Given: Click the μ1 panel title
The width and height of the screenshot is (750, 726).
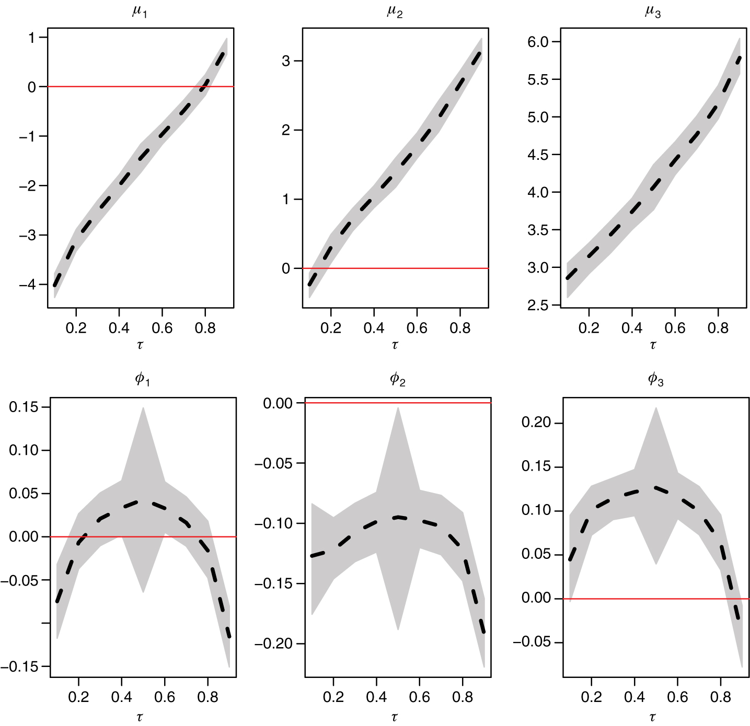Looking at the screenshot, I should [140, 11].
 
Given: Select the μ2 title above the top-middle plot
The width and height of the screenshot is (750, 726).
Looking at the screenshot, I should [395, 11].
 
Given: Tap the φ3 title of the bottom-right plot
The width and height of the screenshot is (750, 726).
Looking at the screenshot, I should [655, 379].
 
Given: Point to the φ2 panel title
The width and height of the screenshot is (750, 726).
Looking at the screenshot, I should [398, 379].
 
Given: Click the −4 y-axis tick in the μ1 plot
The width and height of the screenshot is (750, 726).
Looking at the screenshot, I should [27, 285].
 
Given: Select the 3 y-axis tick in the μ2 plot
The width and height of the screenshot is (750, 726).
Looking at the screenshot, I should [286, 61].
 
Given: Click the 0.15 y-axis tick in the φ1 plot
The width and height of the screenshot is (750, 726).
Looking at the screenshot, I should [24, 407].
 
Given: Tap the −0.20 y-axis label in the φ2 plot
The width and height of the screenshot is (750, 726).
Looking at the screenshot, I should [273, 643].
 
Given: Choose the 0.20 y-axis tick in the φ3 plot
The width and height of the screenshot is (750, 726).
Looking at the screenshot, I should [536, 423].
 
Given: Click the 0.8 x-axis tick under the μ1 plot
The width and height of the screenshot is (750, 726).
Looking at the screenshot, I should [205, 328].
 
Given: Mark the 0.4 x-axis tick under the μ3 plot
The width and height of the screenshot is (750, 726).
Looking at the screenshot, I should [632, 328].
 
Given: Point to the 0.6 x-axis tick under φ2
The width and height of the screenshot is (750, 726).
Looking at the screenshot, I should [419, 697].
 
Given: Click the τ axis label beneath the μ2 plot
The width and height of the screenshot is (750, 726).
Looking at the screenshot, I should [395, 345].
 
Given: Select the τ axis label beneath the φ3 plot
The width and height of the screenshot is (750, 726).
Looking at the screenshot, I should [652, 717].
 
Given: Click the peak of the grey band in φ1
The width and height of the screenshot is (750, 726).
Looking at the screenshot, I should [143, 408].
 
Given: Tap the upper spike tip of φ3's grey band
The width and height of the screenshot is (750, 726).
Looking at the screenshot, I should [656, 408].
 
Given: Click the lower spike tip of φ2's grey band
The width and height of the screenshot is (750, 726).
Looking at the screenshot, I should [398, 629].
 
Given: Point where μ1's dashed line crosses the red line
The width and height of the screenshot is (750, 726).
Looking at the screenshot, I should [206, 86].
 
